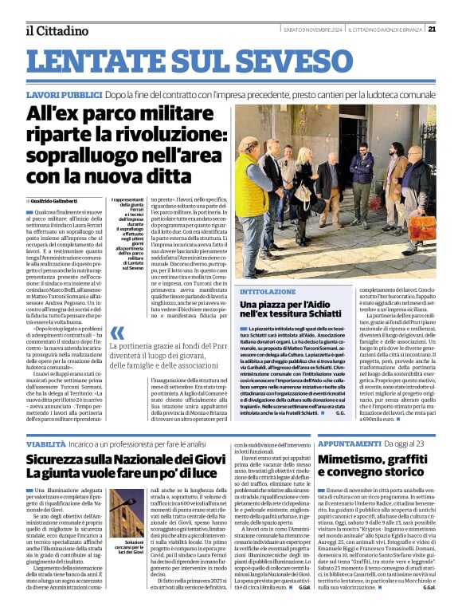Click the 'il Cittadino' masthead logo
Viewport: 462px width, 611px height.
pyautogui.click(x=56, y=30)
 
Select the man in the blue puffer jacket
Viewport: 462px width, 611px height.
pyautogui.click(x=362, y=171)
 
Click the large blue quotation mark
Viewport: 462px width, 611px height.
pyautogui.click(x=117, y=333)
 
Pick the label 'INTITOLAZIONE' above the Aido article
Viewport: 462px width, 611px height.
pyautogui.click(x=262, y=292)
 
